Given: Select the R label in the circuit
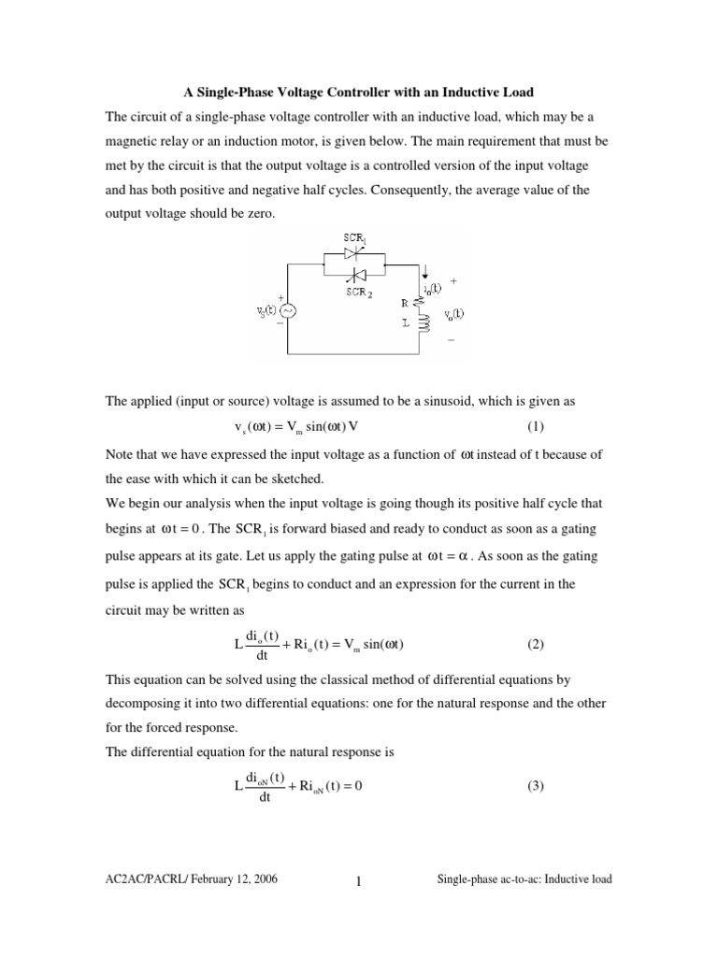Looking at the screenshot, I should tap(403, 303).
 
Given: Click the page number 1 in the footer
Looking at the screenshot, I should tap(358, 881).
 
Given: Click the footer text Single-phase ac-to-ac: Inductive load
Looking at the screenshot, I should tap(524, 880).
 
